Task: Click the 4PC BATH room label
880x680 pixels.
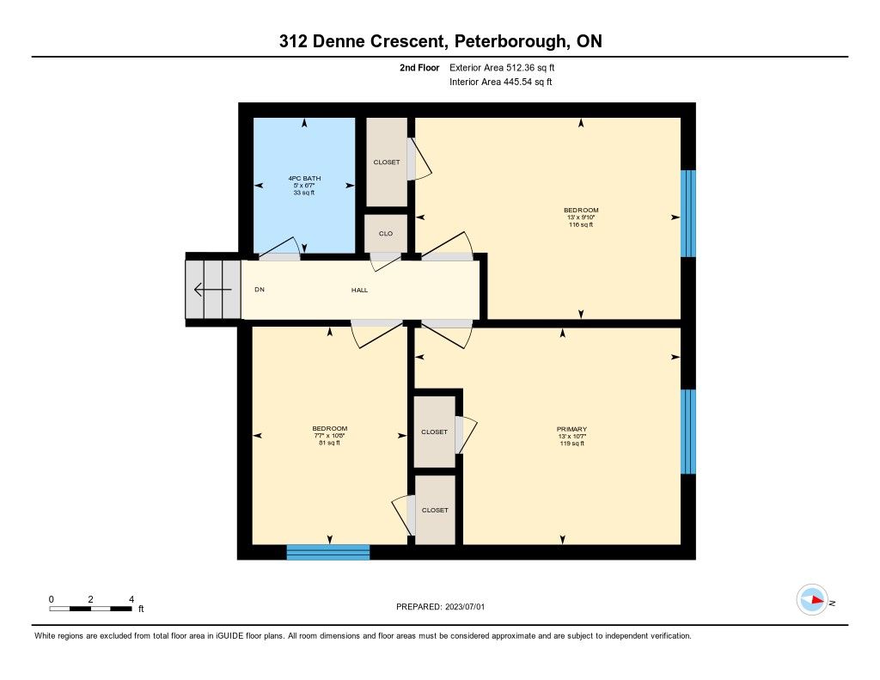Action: coord(304,179)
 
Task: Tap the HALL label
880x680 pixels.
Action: coord(360,291)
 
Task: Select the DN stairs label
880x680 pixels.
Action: coord(260,290)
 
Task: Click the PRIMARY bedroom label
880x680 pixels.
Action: coord(571,430)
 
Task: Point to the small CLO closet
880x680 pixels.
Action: coord(386,234)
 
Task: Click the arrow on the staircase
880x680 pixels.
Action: coord(213,290)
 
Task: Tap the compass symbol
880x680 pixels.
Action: coord(813,600)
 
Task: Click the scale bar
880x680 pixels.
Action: coord(90,609)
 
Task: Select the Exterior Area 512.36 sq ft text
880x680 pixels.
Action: coord(502,68)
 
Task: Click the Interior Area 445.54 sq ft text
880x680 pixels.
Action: coord(501,82)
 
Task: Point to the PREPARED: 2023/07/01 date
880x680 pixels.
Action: coord(441,607)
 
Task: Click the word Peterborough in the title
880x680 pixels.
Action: coord(510,41)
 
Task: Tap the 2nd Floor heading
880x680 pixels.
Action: coord(419,68)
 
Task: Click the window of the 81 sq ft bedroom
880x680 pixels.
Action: coord(328,552)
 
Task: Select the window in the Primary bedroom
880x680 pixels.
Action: coord(688,432)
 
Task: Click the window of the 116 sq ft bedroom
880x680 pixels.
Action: coord(688,213)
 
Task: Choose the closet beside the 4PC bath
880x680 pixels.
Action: coord(387,162)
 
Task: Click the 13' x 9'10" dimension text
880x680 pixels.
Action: coord(581,217)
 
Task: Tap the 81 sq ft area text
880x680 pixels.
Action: coord(329,443)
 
